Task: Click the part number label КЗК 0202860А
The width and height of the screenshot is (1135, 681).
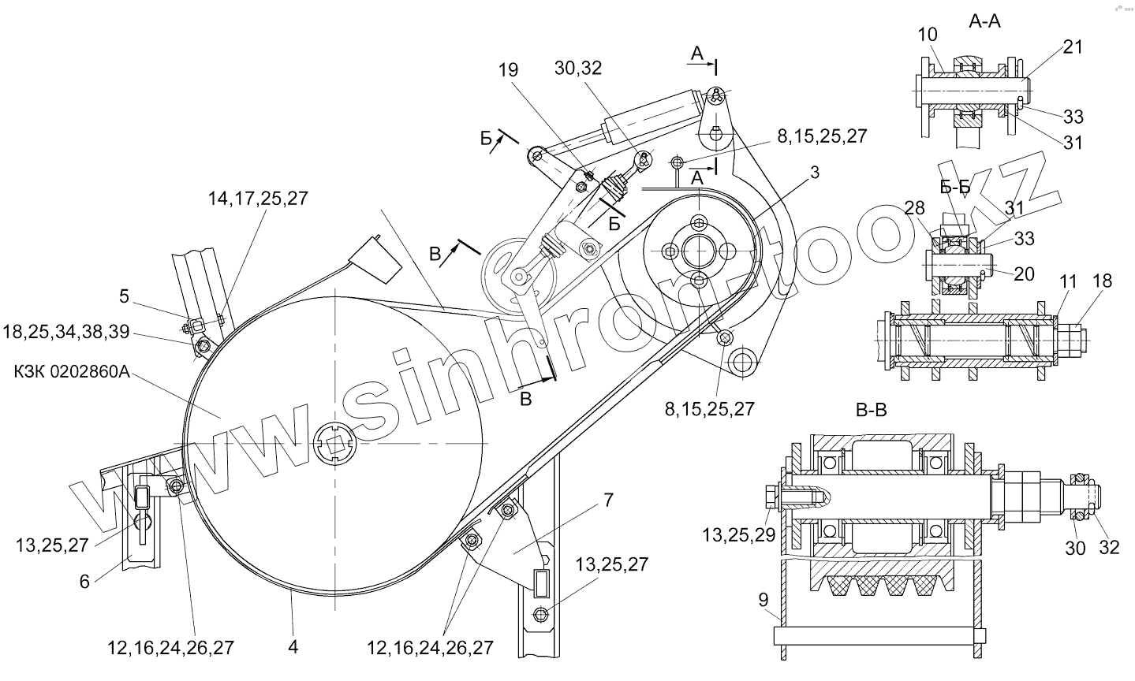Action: [72, 372]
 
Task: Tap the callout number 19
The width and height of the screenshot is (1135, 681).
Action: [508, 70]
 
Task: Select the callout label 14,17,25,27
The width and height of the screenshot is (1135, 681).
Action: [258, 199]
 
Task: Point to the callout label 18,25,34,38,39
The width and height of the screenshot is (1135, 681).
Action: [66, 332]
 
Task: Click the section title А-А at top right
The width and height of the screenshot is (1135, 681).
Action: [984, 21]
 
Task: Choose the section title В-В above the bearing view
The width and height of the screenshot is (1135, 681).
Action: [872, 410]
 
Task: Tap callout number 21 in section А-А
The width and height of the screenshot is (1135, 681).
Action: [1073, 47]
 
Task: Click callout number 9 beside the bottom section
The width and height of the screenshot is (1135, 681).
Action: [764, 600]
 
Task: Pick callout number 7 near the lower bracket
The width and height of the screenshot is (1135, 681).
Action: [609, 501]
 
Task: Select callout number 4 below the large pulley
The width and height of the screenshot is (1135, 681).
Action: [293, 646]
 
